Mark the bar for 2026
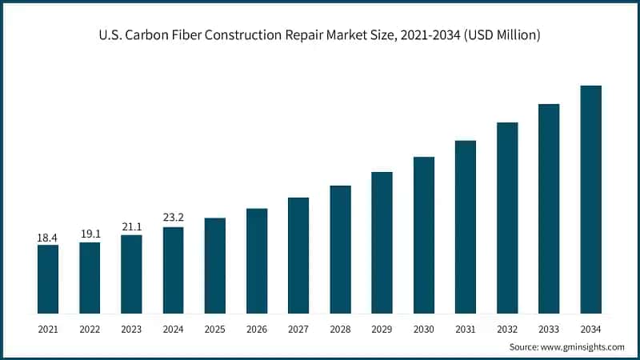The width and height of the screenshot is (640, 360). (x=257, y=260)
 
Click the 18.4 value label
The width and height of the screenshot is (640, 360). (x=48, y=238)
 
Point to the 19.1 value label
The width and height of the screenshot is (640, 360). (x=90, y=234)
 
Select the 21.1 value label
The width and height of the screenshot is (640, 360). (x=131, y=227)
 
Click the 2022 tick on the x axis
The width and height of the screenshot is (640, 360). (x=90, y=328)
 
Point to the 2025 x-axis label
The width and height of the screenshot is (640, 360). (x=214, y=328)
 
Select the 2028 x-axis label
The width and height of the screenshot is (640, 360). (x=340, y=328)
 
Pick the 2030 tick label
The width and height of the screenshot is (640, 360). (x=423, y=328)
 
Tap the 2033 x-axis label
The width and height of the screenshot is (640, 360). (x=549, y=328)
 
